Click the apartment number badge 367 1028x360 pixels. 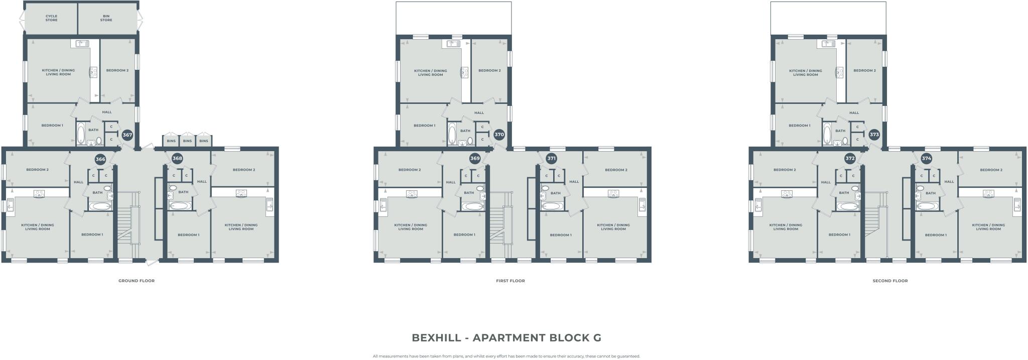(127, 135)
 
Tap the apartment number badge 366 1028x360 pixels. (100, 159)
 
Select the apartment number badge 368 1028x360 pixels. (177, 158)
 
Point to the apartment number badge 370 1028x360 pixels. (499, 135)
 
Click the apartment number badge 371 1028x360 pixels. (551, 159)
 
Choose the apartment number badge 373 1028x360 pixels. (874, 135)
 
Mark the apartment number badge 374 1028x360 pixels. (927, 159)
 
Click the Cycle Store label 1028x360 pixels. (51, 18)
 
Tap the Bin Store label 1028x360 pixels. (106, 18)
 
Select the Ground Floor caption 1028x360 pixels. (137, 281)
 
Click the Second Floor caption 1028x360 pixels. (890, 281)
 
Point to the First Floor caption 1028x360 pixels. (510, 281)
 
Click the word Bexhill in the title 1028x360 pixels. (436, 338)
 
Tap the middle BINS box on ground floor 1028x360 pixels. (187, 141)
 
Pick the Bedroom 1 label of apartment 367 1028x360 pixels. (52, 126)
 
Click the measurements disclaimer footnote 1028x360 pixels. (506, 356)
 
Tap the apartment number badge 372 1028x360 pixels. (849, 159)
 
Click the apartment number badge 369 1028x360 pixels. (475, 159)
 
